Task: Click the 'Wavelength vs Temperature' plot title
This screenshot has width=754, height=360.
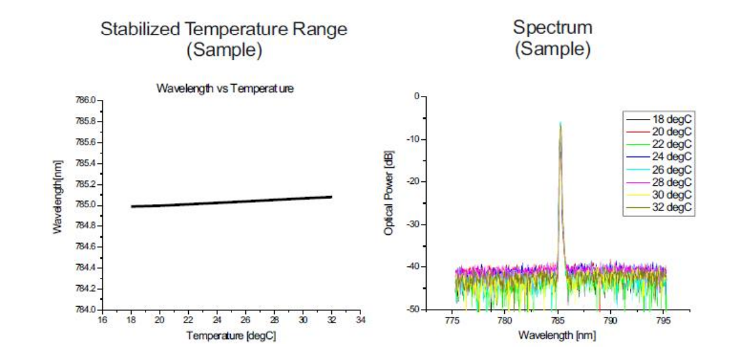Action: point(224,89)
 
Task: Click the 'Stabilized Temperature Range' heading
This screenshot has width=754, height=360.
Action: point(224,30)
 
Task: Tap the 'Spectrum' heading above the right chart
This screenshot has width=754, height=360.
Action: point(552,28)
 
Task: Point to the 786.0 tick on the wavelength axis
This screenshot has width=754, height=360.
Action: point(85,100)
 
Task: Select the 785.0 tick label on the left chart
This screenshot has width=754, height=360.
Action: point(85,205)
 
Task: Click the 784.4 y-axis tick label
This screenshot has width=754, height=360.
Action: point(85,268)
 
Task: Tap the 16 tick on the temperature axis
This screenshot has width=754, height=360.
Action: point(102,319)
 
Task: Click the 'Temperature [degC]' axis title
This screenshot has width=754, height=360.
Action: point(231,335)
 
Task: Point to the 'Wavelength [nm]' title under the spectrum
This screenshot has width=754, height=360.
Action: point(557,335)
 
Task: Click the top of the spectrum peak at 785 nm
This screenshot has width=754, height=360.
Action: point(560,123)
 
